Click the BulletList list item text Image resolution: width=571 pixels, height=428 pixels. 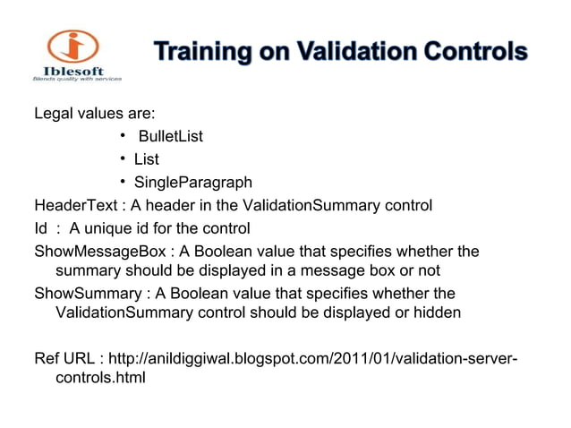pyautogui.click(x=170, y=137)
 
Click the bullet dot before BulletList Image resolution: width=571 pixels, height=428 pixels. pyautogui.click(x=121, y=136)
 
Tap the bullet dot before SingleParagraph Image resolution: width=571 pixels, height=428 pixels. pyautogui.click(x=121, y=183)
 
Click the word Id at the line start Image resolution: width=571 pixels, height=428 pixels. pyautogui.click(x=40, y=228)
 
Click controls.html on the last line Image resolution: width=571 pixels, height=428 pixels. pyautogui.click(x=100, y=378)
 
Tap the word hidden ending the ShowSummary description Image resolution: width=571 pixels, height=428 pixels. pyautogui.click(x=439, y=313)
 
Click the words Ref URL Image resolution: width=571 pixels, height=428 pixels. pyautogui.click(x=64, y=359)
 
